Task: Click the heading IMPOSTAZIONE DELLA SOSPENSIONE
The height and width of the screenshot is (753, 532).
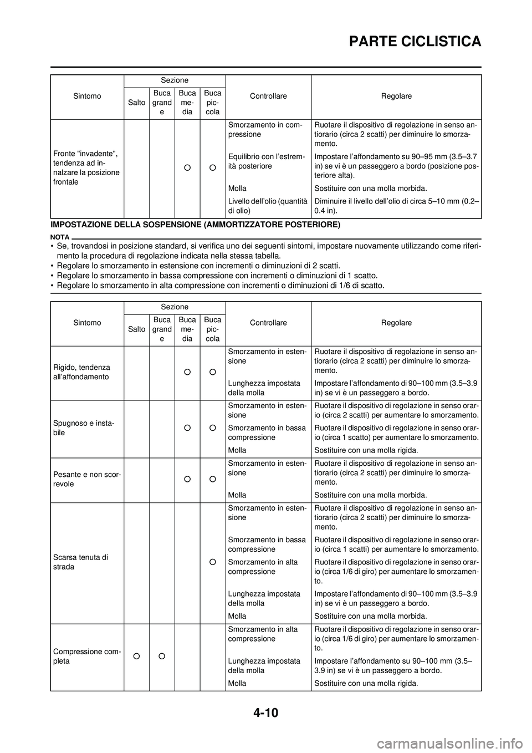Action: [195, 225]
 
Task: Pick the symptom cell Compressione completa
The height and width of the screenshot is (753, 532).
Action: [84, 657]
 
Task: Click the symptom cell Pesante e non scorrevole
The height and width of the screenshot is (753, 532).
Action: [86, 479]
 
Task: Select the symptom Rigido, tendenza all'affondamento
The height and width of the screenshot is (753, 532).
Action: [81, 372]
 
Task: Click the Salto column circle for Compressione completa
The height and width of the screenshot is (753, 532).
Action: [136, 657]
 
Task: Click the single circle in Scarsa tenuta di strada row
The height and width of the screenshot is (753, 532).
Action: [212, 562]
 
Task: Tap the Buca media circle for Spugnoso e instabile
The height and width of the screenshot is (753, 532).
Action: [187, 428]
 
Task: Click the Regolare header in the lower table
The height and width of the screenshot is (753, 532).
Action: [396, 323]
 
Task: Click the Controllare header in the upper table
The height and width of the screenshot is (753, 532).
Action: [268, 96]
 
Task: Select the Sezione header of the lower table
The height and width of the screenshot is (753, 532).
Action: [175, 307]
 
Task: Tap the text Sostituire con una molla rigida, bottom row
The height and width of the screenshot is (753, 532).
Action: [366, 683]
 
